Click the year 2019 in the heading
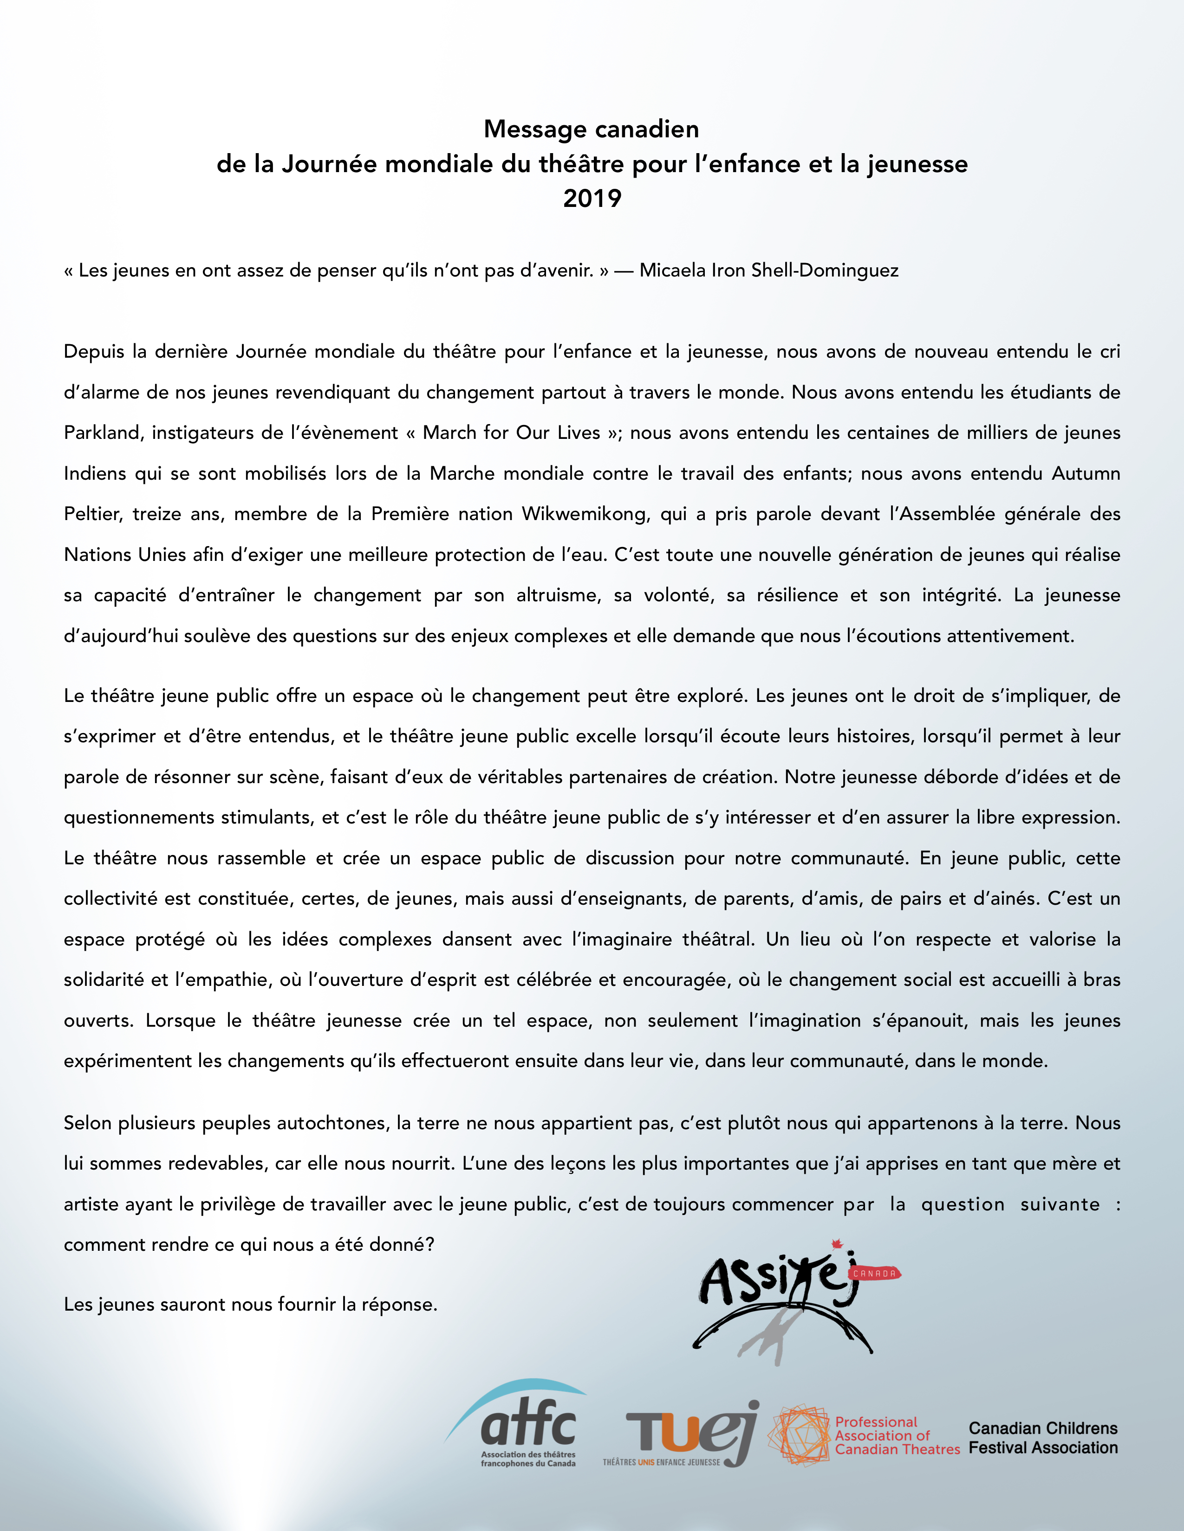592,199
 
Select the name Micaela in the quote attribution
672,270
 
